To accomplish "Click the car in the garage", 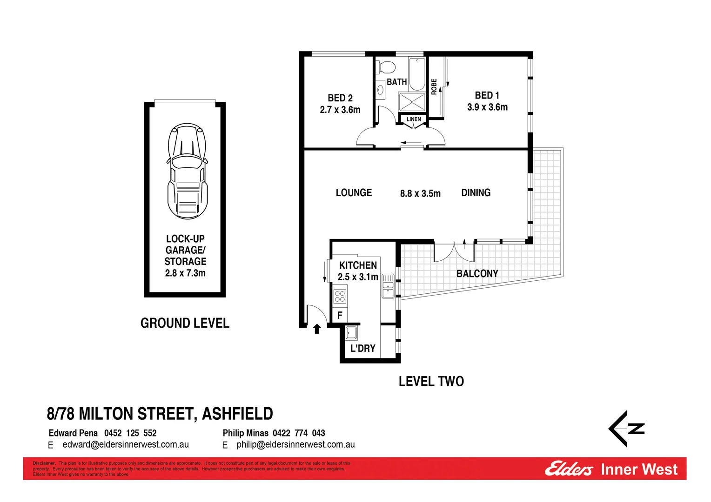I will (x=187, y=171).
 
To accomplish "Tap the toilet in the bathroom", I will (x=387, y=67).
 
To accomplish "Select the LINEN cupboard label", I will (x=414, y=119).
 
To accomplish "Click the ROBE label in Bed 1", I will (x=434, y=87).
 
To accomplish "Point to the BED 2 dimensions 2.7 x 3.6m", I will (x=340, y=110).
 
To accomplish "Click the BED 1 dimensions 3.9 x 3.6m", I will (x=487, y=107).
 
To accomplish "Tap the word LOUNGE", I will (x=354, y=193).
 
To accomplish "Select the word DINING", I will (x=476, y=193).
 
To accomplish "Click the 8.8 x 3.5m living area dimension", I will (x=420, y=194).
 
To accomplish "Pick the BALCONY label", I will (x=477, y=274).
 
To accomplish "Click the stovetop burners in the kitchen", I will (x=340, y=297).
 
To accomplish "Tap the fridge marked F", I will (x=340, y=315).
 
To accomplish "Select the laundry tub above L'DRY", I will (x=351, y=333).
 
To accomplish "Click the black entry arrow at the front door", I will (x=317, y=329).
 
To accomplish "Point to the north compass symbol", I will (x=626, y=429).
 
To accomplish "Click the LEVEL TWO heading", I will (x=431, y=382).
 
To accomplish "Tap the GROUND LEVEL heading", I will (x=185, y=323).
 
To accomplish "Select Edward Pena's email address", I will (x=126, y=445).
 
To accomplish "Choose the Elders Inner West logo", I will (x=611, y=469).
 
